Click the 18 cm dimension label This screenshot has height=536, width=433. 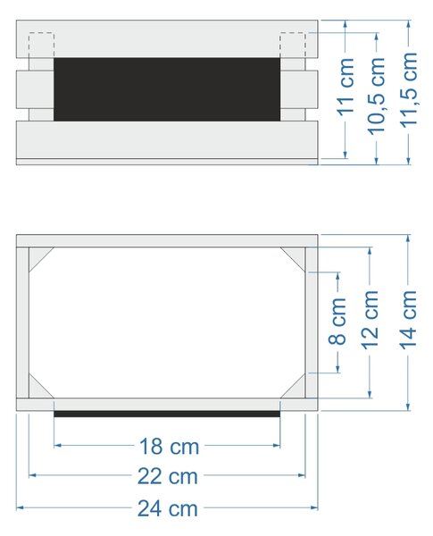tap(169, 446)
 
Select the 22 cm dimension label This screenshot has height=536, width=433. tap(168, 476)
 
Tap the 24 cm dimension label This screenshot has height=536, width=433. tap(168, 508)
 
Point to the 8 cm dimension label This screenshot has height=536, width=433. tap(337, 321)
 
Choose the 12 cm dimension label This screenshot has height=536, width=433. tap(370, 320)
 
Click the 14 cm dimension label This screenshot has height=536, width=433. tap(408, 320)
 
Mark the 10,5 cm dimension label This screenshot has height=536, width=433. tap(377, 96)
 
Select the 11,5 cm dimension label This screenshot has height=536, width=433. tap(409, 90)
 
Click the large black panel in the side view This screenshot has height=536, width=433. tap(167, 89)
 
